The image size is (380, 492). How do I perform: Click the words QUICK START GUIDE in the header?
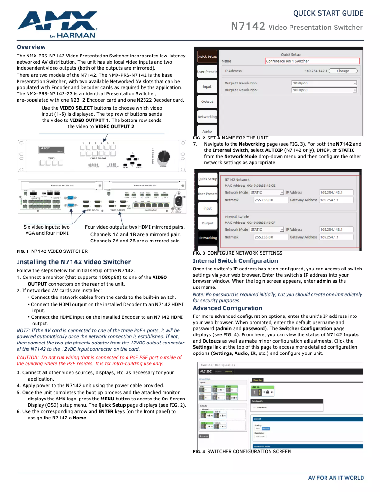pyautogui.click(x=328, y=13)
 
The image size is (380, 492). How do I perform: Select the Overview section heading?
pyautogui.click(x=31, y=47)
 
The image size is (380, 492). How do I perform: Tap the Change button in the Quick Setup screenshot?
pyautogui.click(x=343, y=71)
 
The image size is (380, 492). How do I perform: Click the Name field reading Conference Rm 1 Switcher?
pyautogui.click(x=313, y=61)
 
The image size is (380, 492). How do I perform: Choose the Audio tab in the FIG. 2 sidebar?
pyautogui.click(x=207, y=131)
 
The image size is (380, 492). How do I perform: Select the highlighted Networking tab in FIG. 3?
pyautogui.click(x=208, y=238)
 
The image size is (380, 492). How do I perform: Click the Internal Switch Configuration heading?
pyautogui.click(x=235, y=261)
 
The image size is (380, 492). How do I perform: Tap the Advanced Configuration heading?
pyautogui.click(x=227, y=308)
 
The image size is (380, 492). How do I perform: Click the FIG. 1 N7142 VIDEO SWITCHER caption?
pyautogui.click(x=52, y=251)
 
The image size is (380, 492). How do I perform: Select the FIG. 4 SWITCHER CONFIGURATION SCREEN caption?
pyautogui.click(x=242, y=451)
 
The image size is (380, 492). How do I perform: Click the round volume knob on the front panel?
pyautogui.click(x=163, y=156)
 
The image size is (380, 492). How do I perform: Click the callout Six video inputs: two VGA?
pyautogui.click(x=46, y=230)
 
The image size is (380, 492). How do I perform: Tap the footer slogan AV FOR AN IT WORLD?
pyautogui.click(x=336, y=478)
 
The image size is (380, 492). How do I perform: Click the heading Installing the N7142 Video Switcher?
pyautogui.click(x=73, y=262)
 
